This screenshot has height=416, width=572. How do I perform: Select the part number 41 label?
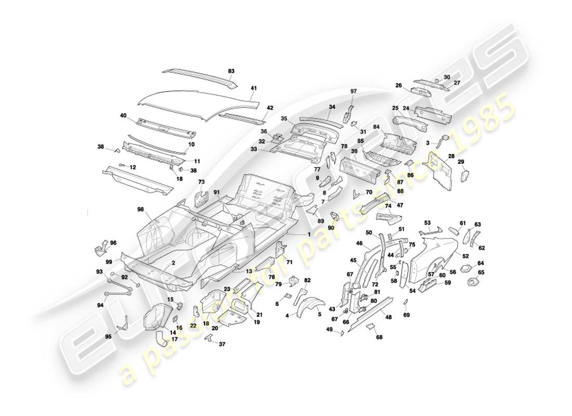(x=253, y=88)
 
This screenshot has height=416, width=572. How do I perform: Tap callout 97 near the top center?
(x=354, y=92)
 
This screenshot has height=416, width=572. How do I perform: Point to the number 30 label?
(x=447, y=77)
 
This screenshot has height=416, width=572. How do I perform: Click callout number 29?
(x=461, y=162)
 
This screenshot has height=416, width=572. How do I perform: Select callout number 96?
(x=113, y=242)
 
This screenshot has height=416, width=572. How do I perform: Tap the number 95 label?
(x=108, y=336)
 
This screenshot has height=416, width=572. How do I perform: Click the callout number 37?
(x=222, y=344)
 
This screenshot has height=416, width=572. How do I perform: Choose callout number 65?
(x=481, y=272)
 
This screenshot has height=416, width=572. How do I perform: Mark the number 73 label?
(x=202, y=181)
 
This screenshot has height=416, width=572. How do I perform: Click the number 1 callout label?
(x=308, y=235)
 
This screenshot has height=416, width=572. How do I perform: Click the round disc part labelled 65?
(x=473, y=282)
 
